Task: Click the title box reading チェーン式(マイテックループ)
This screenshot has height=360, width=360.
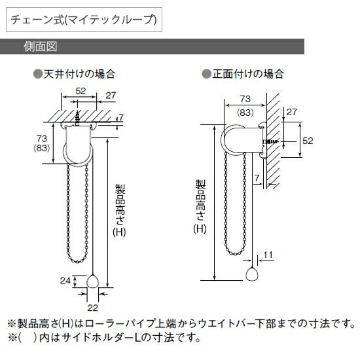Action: click(x=84, y=20)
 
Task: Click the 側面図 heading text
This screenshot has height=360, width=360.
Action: click(x=40, y=46)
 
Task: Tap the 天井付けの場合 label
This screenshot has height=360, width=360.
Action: click(x=79, y=74)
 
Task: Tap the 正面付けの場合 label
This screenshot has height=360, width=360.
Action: click(x=248, y=74)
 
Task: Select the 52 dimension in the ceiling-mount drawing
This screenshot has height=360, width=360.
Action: click(x=81, y=91)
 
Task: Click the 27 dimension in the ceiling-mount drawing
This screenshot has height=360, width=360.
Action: click(x=111, y=96)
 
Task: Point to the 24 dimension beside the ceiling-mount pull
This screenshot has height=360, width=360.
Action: click(x=65, y=281)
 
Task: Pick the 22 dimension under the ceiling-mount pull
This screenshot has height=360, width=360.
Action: click(x=92, y=308)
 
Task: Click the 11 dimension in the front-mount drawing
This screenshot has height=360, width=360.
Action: click(x=268, y=255)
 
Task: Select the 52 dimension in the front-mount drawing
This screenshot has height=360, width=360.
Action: click(x=308, y=141)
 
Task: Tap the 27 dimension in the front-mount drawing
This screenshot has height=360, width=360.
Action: click(x=291, y=112)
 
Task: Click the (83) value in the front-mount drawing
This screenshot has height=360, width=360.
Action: click(x=245, y=113)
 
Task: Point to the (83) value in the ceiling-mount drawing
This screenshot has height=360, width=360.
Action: click(x=41, y=148)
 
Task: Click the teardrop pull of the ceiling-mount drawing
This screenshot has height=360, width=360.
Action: click(x=92, y=281)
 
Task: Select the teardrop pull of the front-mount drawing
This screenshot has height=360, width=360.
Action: click(x=252, y=274)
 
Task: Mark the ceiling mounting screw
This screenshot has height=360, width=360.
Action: click(x=78, y=118)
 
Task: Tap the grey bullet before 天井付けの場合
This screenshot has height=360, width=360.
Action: click(x=38, y=74)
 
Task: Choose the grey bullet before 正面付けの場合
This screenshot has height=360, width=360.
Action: click(x=207, y=74)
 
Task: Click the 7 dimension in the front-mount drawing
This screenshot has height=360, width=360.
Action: click(x=257, y=178)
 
